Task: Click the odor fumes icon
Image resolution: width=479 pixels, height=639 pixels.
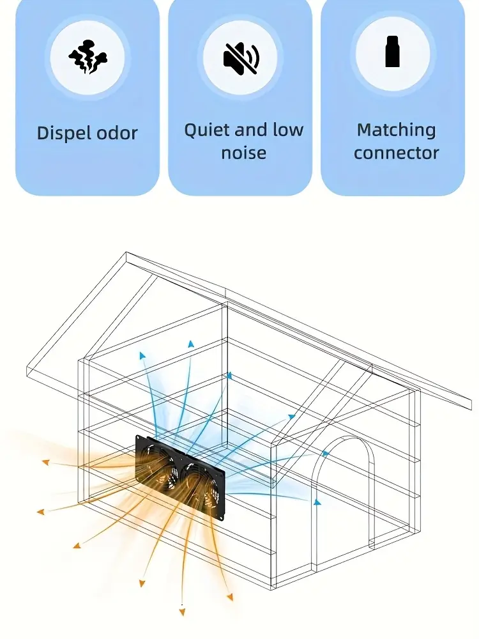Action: click(x=87, y=56)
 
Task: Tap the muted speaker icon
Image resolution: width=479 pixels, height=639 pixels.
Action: click(x=241, y=57)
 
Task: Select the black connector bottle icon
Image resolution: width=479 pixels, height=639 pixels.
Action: click(x=392, y=52)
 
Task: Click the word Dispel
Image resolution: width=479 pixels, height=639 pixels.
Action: click(x=61, y=134)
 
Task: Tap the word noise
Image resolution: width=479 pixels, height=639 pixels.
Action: click(x=243, y=153)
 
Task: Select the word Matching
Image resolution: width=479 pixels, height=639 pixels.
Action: click(x=396, y=130)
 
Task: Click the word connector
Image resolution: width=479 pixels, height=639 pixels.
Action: click(x=396, y=153)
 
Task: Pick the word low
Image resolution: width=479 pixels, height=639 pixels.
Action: click(x=288, y=130)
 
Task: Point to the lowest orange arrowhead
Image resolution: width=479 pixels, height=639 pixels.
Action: click(x=182, y=612)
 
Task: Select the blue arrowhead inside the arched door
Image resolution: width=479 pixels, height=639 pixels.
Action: click(x=317, y=502)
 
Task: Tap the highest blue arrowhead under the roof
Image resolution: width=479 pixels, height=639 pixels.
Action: click(x=190, y=344)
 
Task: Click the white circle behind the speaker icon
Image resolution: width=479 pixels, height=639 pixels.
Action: click(x=241, y=57)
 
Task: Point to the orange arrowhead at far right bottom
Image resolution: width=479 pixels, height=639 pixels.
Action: click(x=229, y=597)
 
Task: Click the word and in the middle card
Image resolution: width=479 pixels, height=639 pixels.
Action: click(x=250, y=131)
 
